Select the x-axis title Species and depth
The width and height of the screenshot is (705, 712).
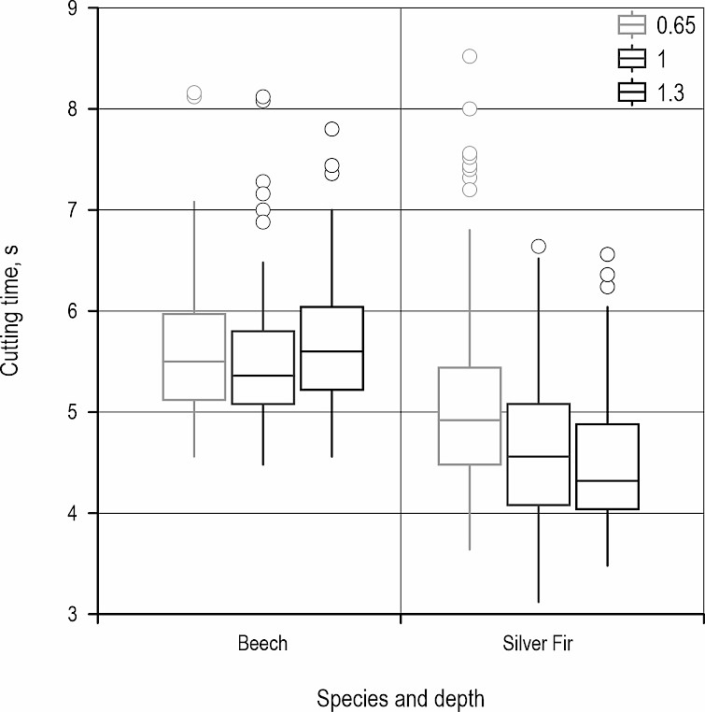click(401, 698)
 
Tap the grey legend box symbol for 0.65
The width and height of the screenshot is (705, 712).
click(633, 25)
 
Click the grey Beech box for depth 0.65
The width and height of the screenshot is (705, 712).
click(194, 357)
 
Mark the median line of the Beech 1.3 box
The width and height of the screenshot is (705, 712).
click(331, 351)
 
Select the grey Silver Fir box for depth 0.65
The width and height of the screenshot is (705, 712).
click(470, 416)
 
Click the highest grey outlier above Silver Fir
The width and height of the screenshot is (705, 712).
click(470, 56)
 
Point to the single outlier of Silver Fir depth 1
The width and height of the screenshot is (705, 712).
click(539, 247)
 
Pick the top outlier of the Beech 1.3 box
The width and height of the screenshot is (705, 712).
click(331, 129)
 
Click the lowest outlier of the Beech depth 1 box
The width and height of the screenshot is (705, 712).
click(263, 222)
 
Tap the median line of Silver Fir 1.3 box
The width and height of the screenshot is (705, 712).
click(607, 480)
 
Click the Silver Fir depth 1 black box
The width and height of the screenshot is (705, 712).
click(539, 454)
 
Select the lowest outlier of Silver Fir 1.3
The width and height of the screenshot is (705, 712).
click(607, 287)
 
